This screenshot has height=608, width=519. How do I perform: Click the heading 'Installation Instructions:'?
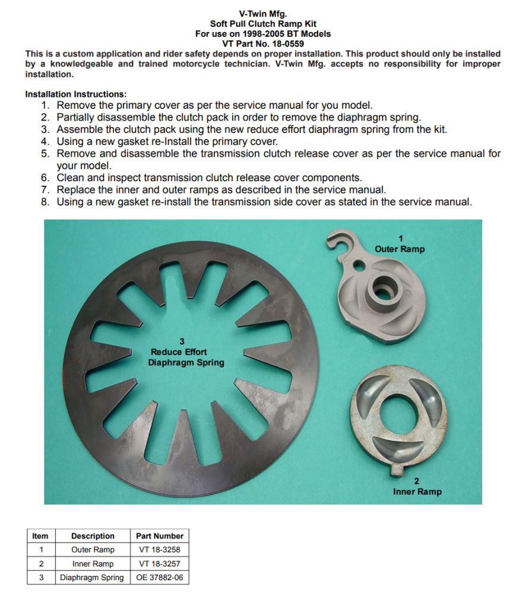[76, 94]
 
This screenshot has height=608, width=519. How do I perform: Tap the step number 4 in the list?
[45, 141]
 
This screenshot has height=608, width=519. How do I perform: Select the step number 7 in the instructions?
[45, 189]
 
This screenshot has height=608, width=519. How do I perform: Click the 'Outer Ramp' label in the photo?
[400, 249]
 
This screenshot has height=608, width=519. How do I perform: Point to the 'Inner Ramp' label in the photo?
[417, 492]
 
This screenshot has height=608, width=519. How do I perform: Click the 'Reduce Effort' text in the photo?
[179, 352]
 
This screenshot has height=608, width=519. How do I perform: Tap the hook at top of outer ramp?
[341, 240]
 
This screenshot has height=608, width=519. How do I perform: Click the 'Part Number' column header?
[159, 536]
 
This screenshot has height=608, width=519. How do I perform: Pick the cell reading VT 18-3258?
[159, 549]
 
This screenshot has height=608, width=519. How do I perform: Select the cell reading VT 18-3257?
[159, 564]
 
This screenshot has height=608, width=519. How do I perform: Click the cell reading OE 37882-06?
[159, 577]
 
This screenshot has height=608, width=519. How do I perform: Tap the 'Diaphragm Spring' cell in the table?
[92, 577]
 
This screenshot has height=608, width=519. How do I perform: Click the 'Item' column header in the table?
[40, 536]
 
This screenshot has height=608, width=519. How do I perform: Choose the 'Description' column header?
[93, 536]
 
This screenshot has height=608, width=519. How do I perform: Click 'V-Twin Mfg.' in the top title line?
[263, 14]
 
